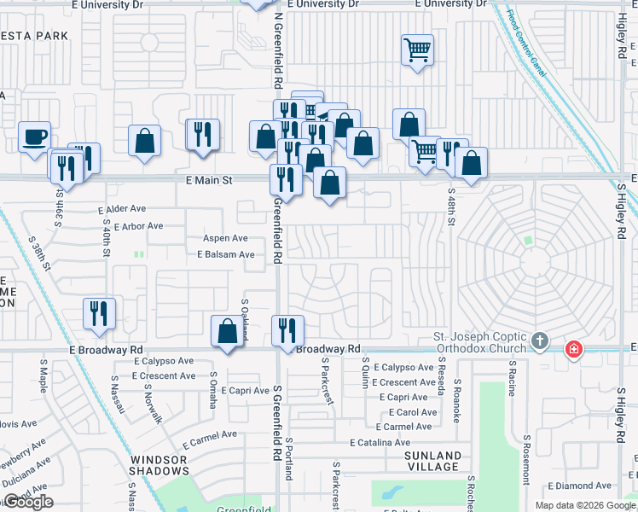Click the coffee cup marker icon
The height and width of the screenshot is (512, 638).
click(34, 137)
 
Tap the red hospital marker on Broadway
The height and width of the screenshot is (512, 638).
click(575, 348)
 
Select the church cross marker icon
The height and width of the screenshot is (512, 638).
click(538, 341)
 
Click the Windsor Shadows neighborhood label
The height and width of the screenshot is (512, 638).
click(159, 465)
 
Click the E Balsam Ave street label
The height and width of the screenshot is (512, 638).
click(226, 254)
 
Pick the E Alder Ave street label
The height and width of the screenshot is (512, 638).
click(122, 208)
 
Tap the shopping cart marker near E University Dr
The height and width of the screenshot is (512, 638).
click(417, 49)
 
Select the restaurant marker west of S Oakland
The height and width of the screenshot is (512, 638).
click(100, 312)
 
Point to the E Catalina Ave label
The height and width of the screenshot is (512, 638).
click(380, 442)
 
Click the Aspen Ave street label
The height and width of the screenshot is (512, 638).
click(224, 239)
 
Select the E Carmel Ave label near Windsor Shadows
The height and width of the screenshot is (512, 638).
click(210, 435)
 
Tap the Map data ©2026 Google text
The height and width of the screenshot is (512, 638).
click(584, 505)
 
